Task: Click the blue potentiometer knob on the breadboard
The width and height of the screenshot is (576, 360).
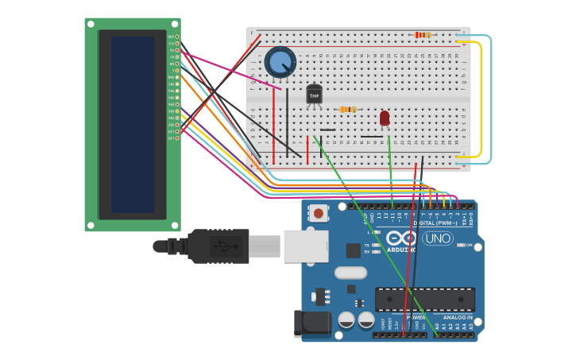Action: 280,62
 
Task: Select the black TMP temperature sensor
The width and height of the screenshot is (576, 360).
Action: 314,95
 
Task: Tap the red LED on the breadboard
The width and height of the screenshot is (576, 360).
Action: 385,118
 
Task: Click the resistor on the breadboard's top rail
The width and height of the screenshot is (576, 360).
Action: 423,35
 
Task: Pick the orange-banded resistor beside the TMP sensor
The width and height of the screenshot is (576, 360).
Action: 348,109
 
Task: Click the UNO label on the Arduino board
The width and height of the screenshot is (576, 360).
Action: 437,238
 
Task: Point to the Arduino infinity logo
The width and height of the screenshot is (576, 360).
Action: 400,238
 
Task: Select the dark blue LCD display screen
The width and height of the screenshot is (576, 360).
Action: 133,124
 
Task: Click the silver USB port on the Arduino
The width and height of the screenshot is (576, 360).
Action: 306,246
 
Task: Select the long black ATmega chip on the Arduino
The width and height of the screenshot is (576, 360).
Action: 424,299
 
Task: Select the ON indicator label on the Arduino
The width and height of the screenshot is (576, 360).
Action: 469,245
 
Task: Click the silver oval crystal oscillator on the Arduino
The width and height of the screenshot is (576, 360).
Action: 350,273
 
